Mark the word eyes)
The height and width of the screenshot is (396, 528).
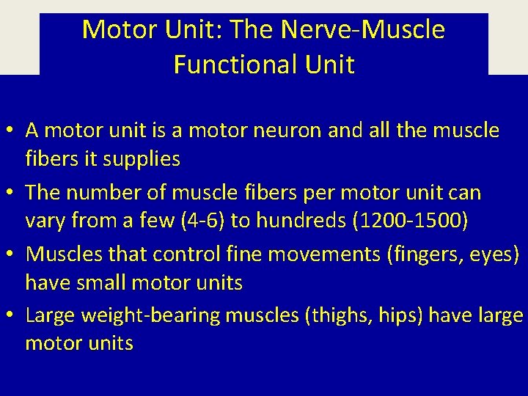[x=500, y=254]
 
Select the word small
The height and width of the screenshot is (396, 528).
[x=113, y=282]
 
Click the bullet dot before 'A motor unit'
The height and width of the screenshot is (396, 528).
[x=12, y=132]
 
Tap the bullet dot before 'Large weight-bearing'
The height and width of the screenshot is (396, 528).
[x=12, y=316]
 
